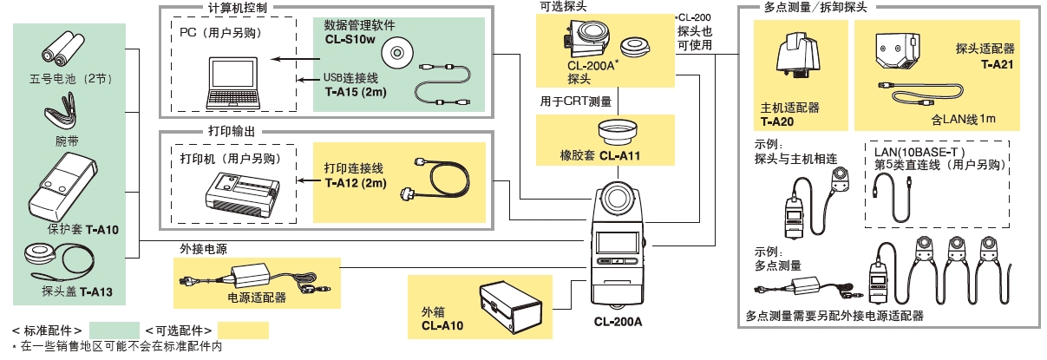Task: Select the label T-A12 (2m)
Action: [x=355, y=183]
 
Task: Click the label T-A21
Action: [x=997, y=66]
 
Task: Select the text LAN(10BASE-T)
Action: [x=917, y=151]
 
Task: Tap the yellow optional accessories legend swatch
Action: [x=243, y=331]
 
